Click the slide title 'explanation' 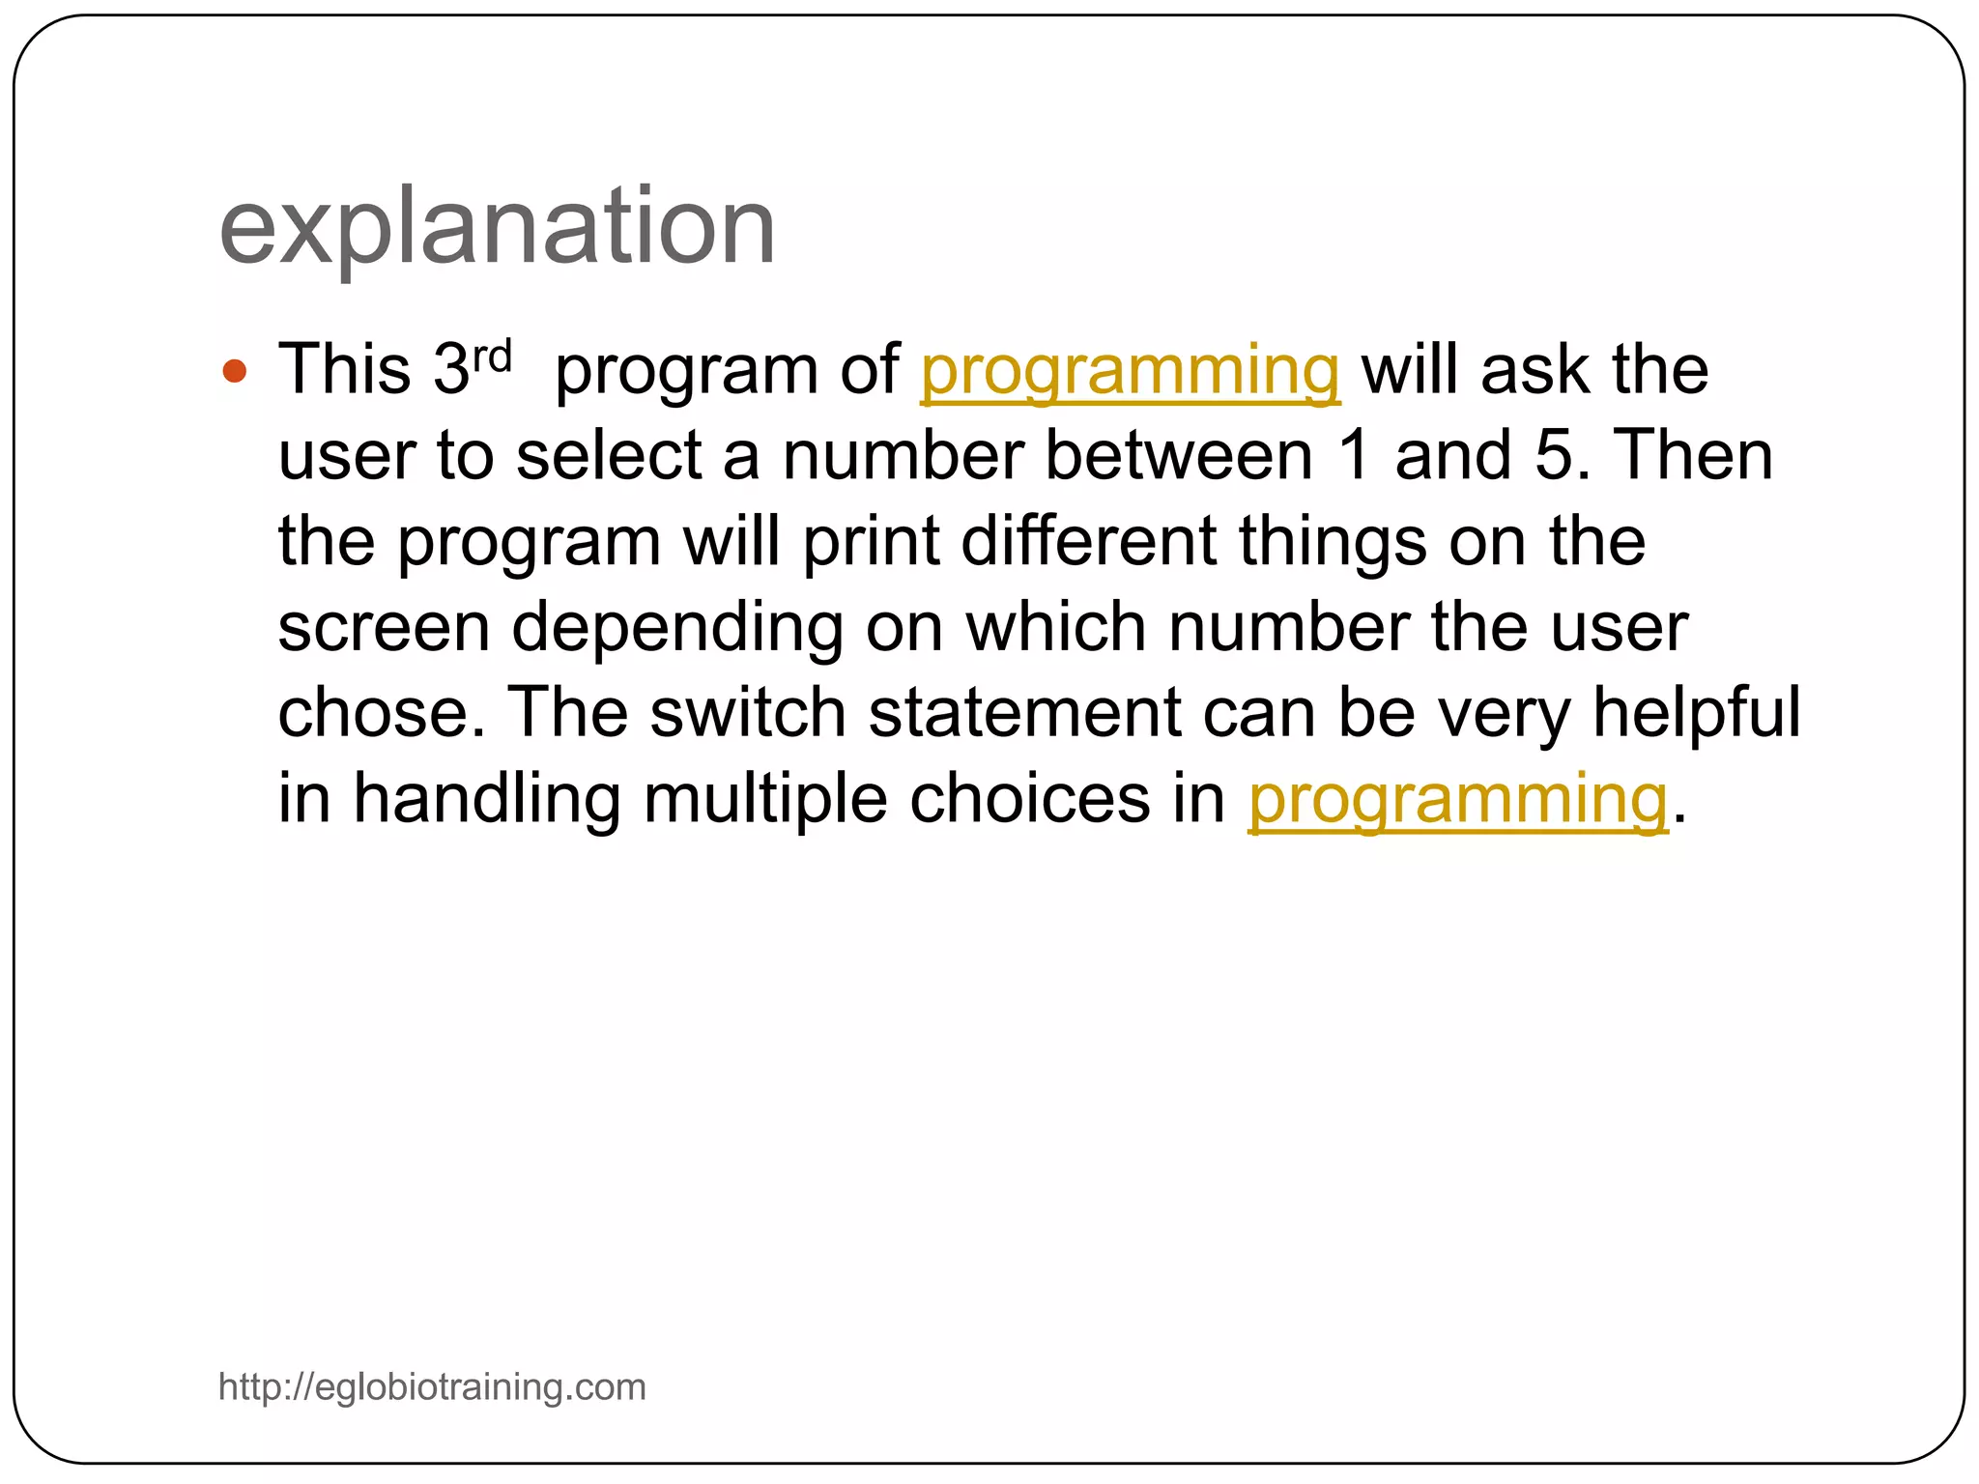click(497, 228)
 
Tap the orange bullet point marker click(235, 371)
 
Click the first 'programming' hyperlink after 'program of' click(1130, 371)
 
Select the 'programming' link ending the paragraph click(1457, 800)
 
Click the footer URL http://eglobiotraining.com click(432, 1386)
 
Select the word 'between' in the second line click(1178, 455)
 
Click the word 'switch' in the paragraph click(748, 713)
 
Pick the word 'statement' click(1024, 713)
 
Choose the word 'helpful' click(1696, 713)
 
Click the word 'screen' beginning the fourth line click(384, 628)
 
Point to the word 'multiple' click(765, 800)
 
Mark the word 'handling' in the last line click(486, 800)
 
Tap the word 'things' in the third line click(1333, 543)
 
